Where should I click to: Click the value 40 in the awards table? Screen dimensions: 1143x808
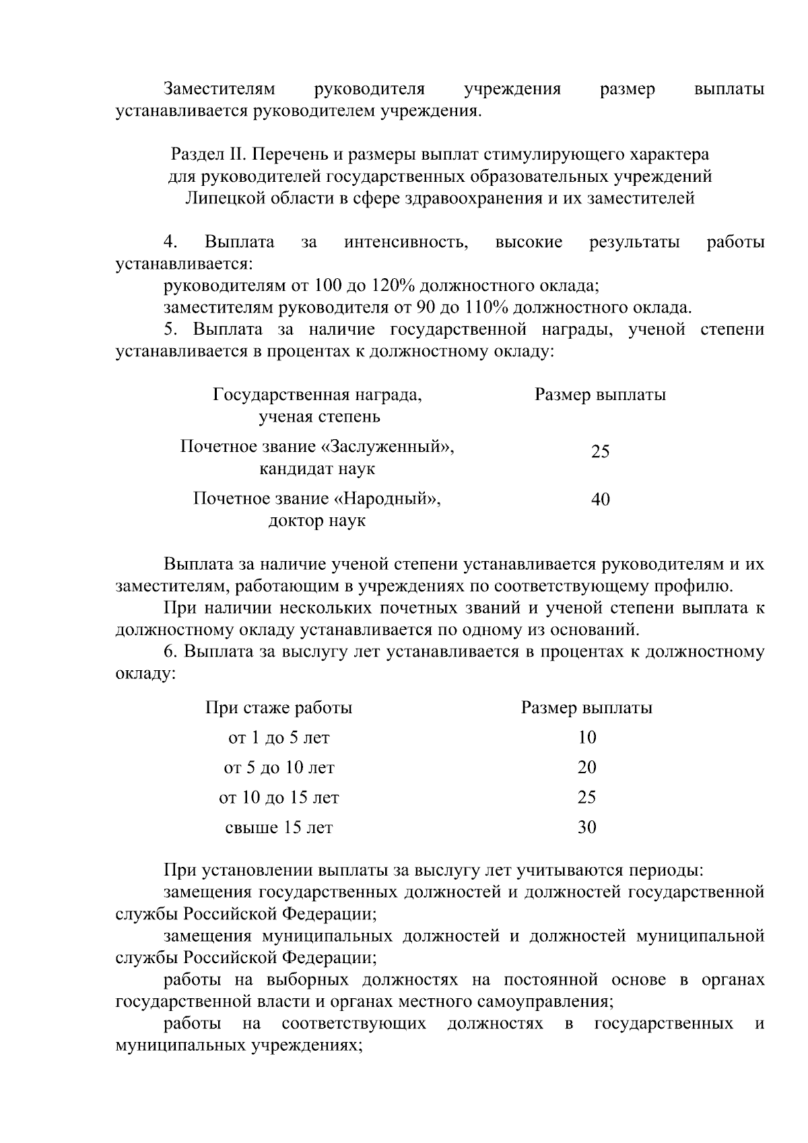pos(600,500)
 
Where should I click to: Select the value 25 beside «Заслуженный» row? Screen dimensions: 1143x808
pos(600,451)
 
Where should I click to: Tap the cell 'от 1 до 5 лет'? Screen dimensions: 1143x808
pos(279,738)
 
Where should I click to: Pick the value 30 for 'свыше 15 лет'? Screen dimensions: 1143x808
pos(586,827)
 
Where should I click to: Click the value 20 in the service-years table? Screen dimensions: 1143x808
pos(586,767)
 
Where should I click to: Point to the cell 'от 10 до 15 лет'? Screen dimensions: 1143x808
pos(279,797)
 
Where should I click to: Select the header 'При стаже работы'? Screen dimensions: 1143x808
pos(279,708)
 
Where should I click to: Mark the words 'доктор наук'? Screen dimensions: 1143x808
pos(316,521)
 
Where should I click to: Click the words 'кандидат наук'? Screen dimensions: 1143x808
pos(316,469)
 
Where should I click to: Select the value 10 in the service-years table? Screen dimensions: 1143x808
pos(586,738)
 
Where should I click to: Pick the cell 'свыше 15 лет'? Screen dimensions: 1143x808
pos(279,827)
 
